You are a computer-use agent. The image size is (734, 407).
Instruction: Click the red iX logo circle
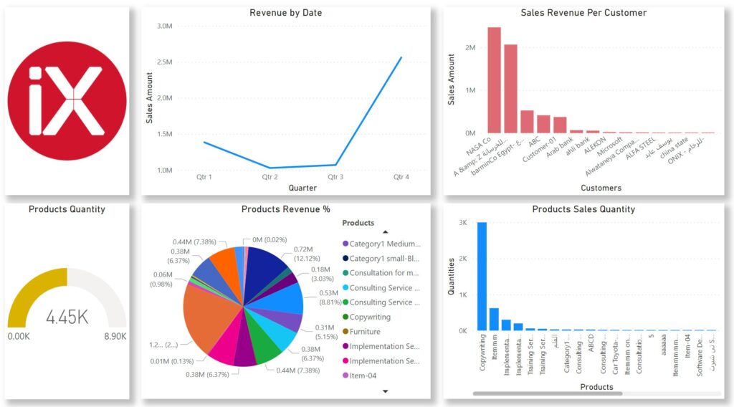tap(67, 100)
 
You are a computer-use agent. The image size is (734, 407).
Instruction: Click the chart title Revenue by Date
tap(285, 13)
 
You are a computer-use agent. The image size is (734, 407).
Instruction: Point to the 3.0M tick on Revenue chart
tap(164, 26)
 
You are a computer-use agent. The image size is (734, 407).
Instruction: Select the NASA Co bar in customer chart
tap(494, 80)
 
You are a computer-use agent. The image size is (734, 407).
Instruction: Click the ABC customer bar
tap(543, 124)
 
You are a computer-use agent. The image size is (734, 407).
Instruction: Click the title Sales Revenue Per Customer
tap(583, 13)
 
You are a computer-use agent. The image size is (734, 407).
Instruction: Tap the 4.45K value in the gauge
tap(67, 317)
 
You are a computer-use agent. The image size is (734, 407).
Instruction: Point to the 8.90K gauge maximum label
tap(115, 336)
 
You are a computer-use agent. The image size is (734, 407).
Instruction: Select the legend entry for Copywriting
tap(370, 317)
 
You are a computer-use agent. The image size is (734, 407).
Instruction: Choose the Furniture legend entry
tap(365, 332)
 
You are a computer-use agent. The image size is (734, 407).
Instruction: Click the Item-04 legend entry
tap(362, 375)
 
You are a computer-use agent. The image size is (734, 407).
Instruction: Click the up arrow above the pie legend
tap(386, 231)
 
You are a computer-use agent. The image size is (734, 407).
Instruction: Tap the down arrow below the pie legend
tap(386, 391)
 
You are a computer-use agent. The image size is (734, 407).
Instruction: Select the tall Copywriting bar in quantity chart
tap(482, 277)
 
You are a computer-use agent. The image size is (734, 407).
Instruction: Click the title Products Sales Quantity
tap(583, 209)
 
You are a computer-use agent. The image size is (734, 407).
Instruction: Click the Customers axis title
tap(601, 188)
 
